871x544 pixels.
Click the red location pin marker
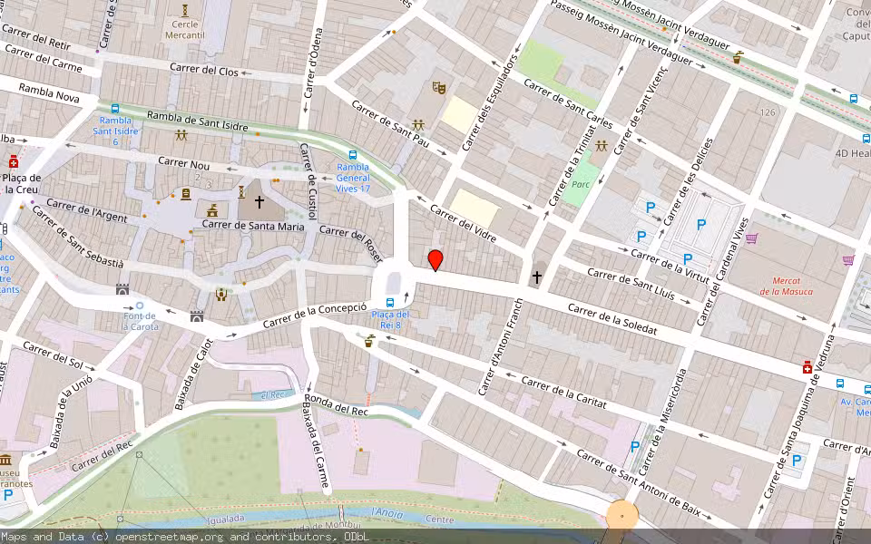click(x=435, y=260)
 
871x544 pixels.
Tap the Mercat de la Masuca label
click(x=786, y=286)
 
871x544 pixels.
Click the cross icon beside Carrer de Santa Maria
click(x=259, y=202)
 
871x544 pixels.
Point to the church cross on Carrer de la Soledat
click(x=537, y=276)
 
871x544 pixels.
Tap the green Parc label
click(x=581, y=184)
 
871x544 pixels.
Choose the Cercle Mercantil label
click(x=184, y=29)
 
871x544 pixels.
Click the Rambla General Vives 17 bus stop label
click(x=353, y=178)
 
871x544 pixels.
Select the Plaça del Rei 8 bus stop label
click(x=390, y=320)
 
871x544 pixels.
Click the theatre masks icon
click(x=439, y=88)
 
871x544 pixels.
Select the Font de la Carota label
click(x=139, y=322)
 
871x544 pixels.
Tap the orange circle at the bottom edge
click(x=621, y=516)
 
